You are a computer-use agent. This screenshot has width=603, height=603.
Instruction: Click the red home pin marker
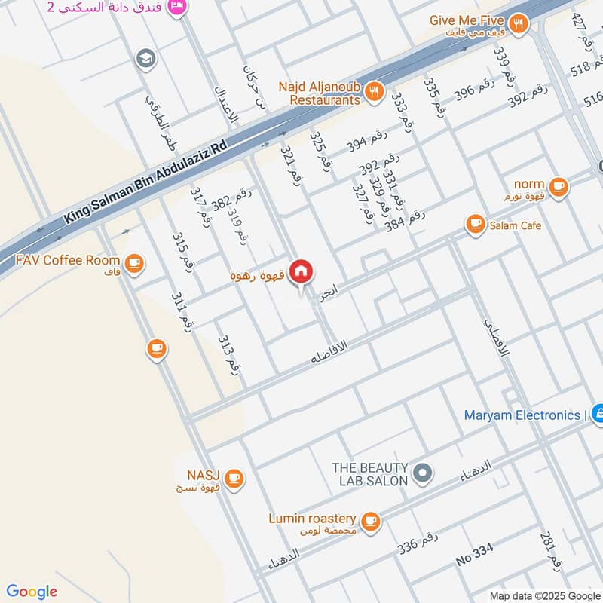301,271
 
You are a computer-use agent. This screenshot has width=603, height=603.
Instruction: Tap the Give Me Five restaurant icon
518,23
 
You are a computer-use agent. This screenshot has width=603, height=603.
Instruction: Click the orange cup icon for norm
558,186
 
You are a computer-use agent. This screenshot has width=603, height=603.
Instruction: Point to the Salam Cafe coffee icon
475,224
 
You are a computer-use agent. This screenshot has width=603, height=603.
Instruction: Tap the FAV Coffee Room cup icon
134,263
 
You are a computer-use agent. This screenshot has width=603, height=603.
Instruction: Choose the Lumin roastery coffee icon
369,520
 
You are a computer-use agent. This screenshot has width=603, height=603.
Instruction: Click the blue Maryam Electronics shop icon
597,413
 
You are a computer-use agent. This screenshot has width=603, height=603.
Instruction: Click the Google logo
32,592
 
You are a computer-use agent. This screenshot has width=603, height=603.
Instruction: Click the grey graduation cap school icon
145,57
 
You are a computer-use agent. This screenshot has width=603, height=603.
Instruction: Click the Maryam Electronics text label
525,415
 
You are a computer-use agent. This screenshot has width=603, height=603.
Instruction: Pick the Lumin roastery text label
311,519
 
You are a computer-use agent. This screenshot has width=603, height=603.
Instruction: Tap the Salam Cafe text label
516,225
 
